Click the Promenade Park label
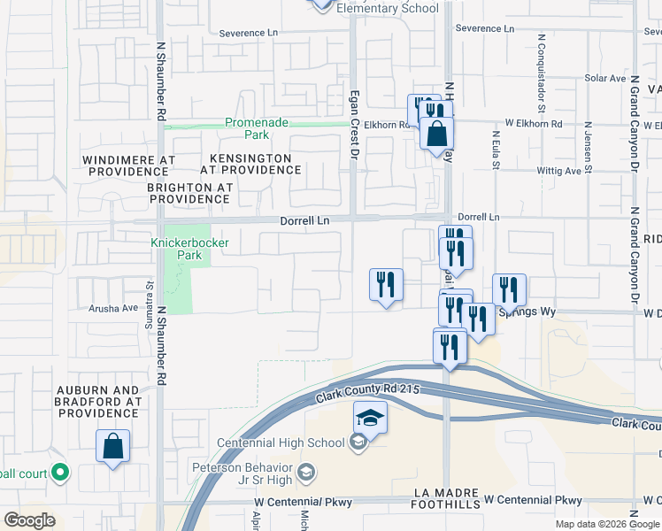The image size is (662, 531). (246, 128)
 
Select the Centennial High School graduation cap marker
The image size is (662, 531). (371, 418)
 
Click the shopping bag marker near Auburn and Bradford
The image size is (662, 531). (113, 447)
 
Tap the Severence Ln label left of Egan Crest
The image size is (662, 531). (249, 33)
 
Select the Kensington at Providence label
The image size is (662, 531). (245, 163)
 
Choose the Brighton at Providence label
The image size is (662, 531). (190, 193)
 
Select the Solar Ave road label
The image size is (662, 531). (605, 78)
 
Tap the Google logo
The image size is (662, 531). (29, 520)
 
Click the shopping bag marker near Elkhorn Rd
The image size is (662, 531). (437, 135)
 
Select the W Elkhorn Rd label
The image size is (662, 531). (534, 124)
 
